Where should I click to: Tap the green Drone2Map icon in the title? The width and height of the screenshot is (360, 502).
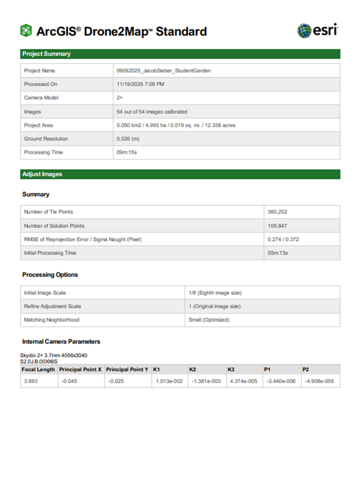(x=26, y=31)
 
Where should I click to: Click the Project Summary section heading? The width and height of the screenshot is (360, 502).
(x=46, y=54)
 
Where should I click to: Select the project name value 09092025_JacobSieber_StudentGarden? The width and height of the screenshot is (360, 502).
(x=163, y=71)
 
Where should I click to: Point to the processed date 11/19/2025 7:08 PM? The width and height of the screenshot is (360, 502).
(x=140, y=84)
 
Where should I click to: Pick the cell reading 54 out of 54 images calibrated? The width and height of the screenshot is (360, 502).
(x=152, y=112)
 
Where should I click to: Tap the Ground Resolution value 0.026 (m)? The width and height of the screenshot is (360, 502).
(x=128, y=139)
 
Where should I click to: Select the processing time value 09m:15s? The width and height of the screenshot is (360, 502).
(x=126, y=152)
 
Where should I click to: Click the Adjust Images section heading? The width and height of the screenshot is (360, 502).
(x=42, y=174)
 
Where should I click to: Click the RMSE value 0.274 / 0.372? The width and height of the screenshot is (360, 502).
(x=285, y=239)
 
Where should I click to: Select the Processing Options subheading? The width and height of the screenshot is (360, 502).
(x=50, y=275)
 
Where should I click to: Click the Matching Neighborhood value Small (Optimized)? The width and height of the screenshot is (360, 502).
(x=208, y=320)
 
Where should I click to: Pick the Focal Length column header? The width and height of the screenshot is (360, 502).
(x=38, y=369)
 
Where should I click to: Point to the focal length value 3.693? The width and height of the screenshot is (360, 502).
(x=30, y=381)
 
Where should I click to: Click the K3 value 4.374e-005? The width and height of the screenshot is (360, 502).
(x=243, y=381)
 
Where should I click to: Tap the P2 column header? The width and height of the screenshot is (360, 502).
(x=305, y=369)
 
